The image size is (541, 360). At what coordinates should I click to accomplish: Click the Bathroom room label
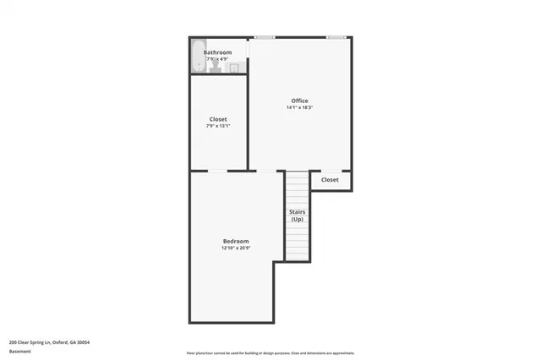coord(217,52)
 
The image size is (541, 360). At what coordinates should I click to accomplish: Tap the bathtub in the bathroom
coord(198,57)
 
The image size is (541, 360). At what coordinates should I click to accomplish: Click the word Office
coord(299,101)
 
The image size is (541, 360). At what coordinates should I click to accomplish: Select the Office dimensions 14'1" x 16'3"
coord(299,108)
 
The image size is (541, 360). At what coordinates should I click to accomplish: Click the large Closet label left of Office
coord(218,119)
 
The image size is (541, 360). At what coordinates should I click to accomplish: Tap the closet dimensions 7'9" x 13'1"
coord(218,126)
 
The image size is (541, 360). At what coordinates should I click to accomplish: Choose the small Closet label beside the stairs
coord(330,179)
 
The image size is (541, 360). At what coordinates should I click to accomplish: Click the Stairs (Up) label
coord(297,215)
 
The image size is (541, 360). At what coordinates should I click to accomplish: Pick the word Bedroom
coord(236,242)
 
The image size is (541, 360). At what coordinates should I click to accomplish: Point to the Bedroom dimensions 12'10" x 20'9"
coord(236,248)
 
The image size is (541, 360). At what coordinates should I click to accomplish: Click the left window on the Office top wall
coord(265,37)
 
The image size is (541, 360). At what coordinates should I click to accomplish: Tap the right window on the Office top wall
coord(336,37)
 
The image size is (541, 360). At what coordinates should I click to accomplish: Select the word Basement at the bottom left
coord(20,351)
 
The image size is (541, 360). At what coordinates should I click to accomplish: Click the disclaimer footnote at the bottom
coord(270,352)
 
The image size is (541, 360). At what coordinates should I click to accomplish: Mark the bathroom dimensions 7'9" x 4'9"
coord(217,59)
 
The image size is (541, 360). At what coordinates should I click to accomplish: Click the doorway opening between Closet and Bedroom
coord(217,172)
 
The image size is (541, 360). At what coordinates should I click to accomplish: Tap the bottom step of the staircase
coord(297,257)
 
